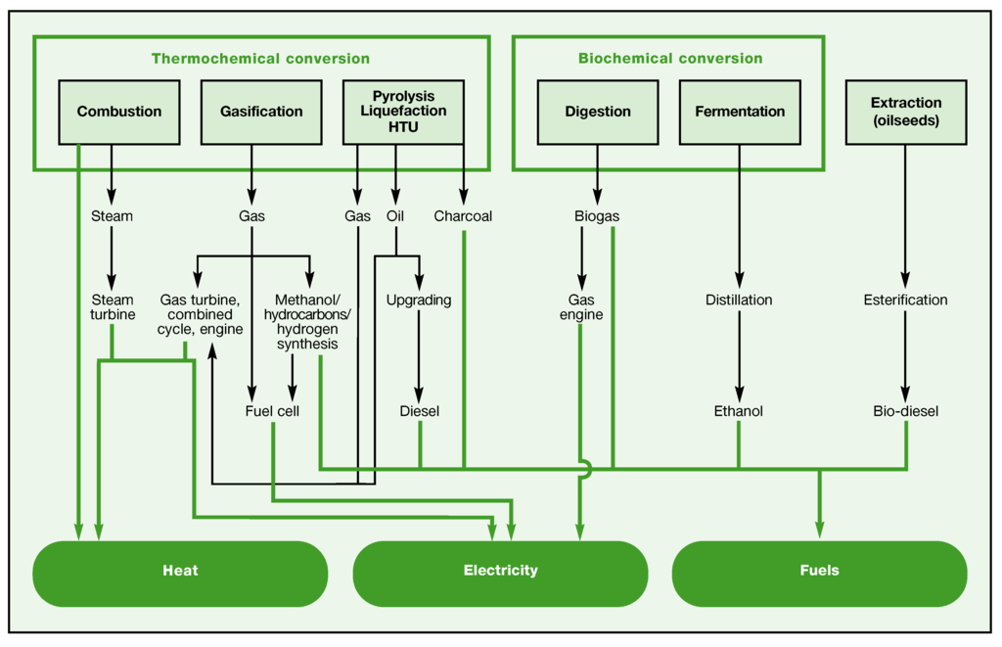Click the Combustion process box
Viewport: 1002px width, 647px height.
point(119,112)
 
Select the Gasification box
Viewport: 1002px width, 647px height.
point(261,112)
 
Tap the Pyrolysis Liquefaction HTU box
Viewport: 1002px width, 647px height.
point(404,112)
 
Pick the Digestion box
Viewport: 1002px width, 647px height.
point(598,112)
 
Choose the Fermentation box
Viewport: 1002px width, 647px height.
point(740,112)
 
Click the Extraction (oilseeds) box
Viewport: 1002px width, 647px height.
point(906,112)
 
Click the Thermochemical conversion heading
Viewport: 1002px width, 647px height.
point(260,59)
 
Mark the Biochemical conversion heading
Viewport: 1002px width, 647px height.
point(670,58)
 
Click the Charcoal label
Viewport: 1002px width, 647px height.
point(463,216)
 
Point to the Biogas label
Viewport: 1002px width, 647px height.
point(597,216)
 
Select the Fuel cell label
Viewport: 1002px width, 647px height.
point(272,411)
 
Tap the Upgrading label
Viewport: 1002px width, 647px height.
point(419,300)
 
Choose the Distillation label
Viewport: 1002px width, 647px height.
point(739,300)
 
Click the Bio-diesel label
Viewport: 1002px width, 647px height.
point(906,411)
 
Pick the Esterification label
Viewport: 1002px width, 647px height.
point(905,300)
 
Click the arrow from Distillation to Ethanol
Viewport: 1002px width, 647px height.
point(740,356)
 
